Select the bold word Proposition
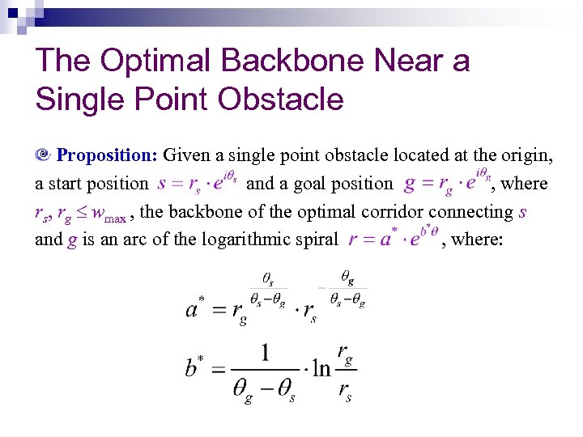click(107, 155)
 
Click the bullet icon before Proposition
click(44, 155)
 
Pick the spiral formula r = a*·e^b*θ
click(394, 240)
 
